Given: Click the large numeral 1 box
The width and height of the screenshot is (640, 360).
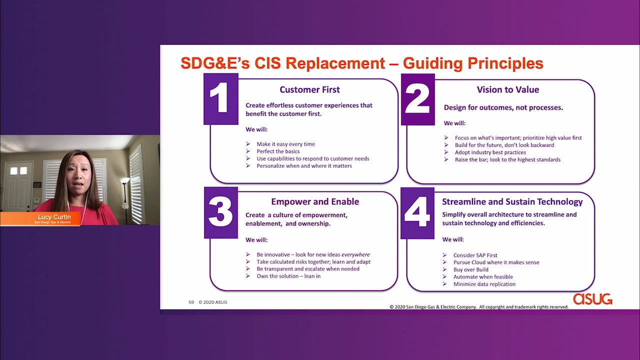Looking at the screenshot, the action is coord(221,99).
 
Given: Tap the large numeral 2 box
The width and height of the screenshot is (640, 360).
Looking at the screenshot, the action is coord(418,99).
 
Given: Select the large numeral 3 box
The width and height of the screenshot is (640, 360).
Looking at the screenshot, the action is coord(221,212).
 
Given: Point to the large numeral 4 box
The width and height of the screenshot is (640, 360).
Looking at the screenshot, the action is coord(417,213).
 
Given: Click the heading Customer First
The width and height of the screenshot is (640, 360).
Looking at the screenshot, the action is coord(309,89).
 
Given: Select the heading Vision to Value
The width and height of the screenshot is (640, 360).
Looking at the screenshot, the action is coord(508,89).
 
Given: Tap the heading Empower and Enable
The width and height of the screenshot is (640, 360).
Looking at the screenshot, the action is coord(315,201).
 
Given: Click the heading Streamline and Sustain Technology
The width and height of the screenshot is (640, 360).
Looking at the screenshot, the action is coord(512,201).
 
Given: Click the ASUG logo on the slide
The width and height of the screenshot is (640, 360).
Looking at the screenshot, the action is coord(592,299).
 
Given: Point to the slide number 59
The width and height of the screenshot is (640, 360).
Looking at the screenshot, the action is coord(191,302).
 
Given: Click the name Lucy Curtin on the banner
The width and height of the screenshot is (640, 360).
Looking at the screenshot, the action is coord(54,217).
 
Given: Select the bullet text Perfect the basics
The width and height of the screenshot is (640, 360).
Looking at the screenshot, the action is coord(278,151).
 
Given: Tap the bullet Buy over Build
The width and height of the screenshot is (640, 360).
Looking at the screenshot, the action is coord(471,269).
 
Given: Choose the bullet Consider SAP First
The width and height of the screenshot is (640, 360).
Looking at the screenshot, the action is coord(475,255).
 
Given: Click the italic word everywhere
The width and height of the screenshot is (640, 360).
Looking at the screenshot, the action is coord(355,254).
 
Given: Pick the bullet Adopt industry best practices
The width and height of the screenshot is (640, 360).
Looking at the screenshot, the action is coord(490,152).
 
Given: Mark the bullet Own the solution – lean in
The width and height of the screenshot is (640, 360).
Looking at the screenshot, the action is coord(288,276).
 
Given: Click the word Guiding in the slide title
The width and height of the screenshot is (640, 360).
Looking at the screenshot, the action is coord(432,63).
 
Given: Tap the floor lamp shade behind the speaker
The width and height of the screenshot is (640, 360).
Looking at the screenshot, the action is coord(124,180).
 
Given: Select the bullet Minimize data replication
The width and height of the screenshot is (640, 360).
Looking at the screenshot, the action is coord(484,284).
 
